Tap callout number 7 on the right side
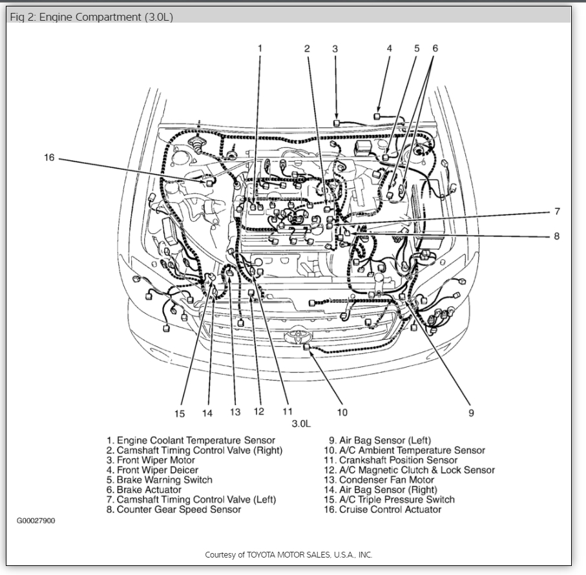(x=556, y=211)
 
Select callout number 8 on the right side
(x=556, y=236)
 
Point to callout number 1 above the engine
(x=260, y=48)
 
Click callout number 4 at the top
(x=390, y=48)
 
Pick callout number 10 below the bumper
(x=342, y=412)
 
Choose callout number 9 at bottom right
(x=471, y=413)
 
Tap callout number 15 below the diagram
(x=179, y=413)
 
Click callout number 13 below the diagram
(x=235, y=412)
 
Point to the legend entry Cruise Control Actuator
(x=382, y=509)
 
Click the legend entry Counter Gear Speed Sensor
(x=174, y=509)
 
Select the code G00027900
(x=36, y=521)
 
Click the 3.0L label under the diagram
(x=301, y=424)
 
